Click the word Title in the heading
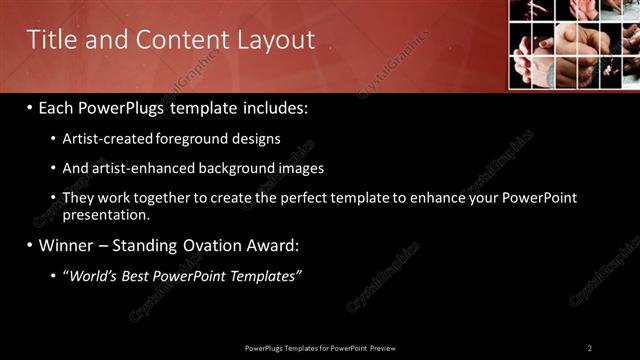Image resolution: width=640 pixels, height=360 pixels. (47, 40)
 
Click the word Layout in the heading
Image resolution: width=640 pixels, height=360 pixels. (276, 40)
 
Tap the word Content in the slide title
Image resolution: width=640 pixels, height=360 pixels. (174, 40)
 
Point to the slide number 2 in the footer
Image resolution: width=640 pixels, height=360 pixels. (590, 347)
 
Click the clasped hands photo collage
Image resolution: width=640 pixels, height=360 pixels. (574, 44)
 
